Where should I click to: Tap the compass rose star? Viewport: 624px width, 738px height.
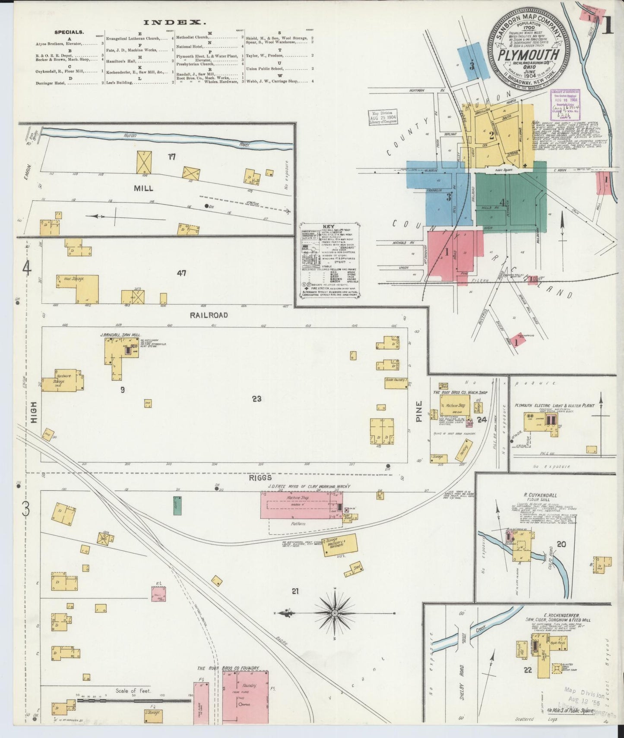335,613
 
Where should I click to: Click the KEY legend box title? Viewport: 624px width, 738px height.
329,227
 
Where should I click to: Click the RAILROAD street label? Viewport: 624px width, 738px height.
209,315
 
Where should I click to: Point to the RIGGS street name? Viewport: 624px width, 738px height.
260,478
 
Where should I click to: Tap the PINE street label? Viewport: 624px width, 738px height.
418,411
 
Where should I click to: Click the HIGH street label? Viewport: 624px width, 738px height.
34,413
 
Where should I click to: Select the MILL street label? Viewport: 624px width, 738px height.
143,189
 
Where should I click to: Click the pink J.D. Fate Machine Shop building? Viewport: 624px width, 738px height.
298,505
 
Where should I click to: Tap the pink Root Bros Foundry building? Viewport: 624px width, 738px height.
245,695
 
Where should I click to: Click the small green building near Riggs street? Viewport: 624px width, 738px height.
177,505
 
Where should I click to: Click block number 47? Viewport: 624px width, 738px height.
181,273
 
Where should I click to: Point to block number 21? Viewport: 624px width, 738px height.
295,591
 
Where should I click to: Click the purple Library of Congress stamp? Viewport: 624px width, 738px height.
565,104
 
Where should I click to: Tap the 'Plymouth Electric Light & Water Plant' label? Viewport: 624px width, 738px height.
554,406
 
